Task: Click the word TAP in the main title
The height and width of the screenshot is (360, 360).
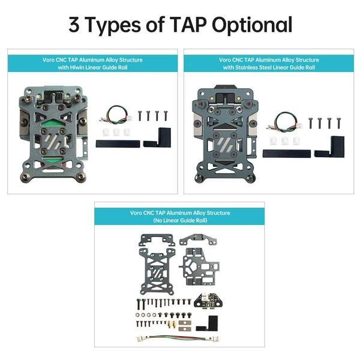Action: click(x=188, y=25)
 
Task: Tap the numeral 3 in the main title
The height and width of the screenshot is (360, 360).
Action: click(x=74, y=25)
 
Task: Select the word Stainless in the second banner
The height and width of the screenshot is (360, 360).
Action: click(x=245, y=67)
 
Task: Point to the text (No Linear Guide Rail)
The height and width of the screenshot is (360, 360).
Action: click(x=180, y=221)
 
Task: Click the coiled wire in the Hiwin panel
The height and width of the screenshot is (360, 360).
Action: click(x=116, y=115)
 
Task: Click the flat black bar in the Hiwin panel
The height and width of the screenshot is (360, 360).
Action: click(x=118, y=144)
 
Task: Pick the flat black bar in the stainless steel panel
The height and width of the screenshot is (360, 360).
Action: click(x=287, y=154)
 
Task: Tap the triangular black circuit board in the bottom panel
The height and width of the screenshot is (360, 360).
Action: click(x=208, y=301)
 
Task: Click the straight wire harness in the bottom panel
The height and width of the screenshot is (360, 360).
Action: click(x=178, y=338)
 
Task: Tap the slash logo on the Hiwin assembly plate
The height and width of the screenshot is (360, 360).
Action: click(x=53, y=141)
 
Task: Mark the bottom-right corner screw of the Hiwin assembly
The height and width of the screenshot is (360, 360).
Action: click(x=81, y=177)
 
